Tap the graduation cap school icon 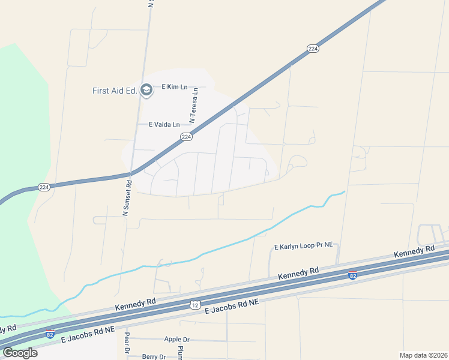pos(146,90)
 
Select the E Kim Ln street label pos(175,87)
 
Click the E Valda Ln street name pos(164,125)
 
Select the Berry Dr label pos(154,356)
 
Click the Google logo pos(20,353)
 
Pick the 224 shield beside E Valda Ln pos(186,137)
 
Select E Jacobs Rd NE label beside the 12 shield pos(232,307)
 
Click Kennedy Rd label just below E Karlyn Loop pos(298,272)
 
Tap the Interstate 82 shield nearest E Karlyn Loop pos(352,275)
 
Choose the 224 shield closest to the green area pos(44,187)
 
